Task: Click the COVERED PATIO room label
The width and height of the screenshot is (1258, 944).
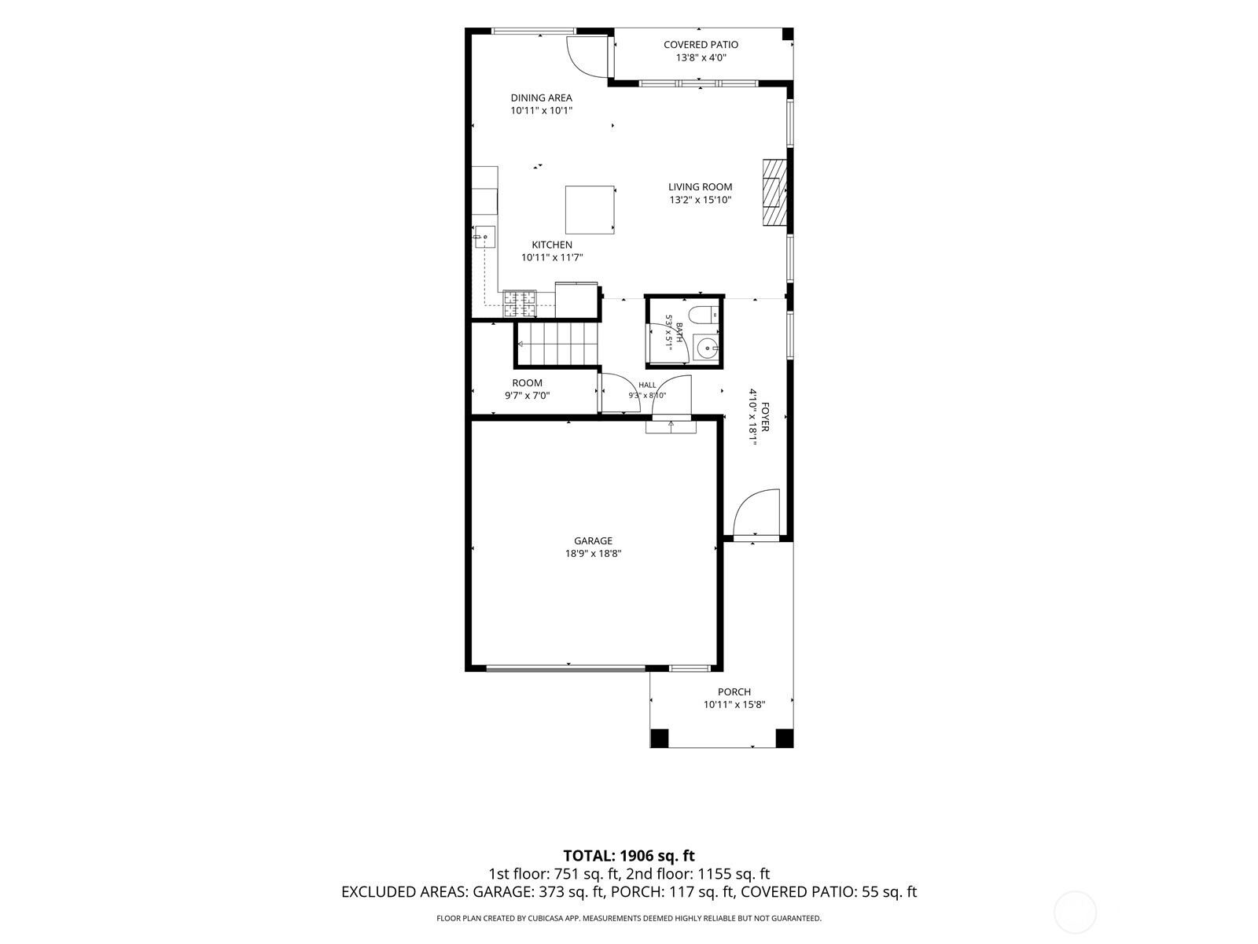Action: tap(701, 45)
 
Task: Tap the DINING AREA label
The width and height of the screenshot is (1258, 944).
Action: tap(541, 98)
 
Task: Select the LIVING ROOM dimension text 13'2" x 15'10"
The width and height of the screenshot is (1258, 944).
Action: tap(701, 200)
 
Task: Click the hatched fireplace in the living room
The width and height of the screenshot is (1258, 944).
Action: tap(774, 193)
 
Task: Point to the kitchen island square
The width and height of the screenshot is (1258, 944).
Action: tap(590, 210)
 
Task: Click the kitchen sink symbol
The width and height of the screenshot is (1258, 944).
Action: tap(484, 237)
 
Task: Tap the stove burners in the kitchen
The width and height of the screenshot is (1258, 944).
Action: tap(519, 304)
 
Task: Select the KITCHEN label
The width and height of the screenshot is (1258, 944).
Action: tap(552, 245)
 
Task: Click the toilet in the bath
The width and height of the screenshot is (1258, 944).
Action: tap(703, 315)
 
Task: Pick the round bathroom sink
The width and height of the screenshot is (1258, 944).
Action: tap(705, 348)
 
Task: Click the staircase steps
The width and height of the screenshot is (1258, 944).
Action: tap(558, 344)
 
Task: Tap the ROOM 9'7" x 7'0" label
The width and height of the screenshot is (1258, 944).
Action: tap(528, 389)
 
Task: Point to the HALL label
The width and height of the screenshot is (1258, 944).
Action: tap(647, 385)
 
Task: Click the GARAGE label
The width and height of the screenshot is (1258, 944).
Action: tap(593, 540)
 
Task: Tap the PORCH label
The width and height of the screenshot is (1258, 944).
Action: tap(734, 691)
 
